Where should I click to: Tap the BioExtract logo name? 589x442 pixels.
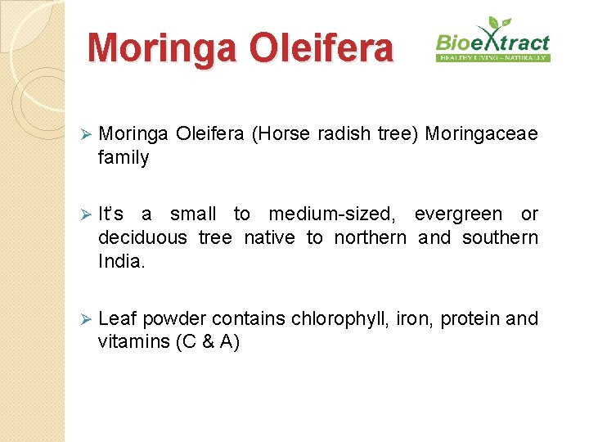pos(492,42)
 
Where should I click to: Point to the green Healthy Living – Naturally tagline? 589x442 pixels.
pos(493,58)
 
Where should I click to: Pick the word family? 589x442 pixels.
pos(124,158)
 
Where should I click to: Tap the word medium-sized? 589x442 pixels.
pos(331,214)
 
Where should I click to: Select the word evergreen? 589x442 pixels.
pos(458,214)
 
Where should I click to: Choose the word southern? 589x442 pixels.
pos(500,238)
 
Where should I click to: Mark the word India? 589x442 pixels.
pos(119,261)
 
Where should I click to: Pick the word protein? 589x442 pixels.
pos(470,318)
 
